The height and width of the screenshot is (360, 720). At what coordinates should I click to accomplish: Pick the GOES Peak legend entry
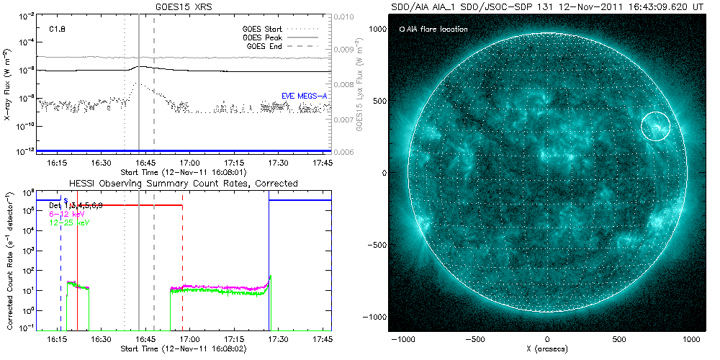click(263, 37)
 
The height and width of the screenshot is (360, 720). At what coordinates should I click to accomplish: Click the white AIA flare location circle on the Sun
click(656, 126)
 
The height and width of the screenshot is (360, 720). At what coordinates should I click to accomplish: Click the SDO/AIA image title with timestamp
click(548, 6)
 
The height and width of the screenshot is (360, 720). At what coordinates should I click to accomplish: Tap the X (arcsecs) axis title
click(548, 348)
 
